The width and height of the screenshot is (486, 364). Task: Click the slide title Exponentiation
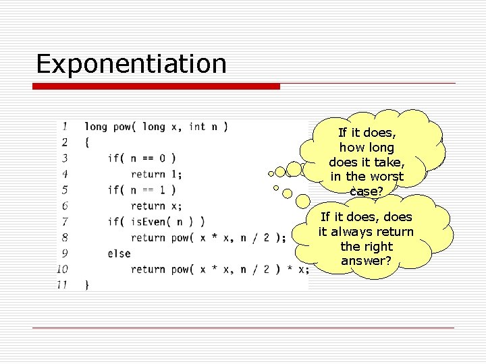pos(131,64)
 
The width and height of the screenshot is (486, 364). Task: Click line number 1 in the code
pos(64,126)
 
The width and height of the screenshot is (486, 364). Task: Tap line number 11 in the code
pos(62,284)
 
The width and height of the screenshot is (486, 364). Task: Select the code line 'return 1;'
pos(156,174)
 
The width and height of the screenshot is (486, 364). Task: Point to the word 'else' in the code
pos(119,253)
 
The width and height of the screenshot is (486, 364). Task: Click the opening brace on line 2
pos(86,142)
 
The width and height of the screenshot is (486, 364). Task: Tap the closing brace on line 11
pos(86,284)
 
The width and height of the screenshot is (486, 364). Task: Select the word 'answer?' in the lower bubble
pos(367,261)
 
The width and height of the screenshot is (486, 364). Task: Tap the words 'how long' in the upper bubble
pos(367,147)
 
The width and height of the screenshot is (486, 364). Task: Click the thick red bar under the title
pos(157,86)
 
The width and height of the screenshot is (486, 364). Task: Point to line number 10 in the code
pos(62,269)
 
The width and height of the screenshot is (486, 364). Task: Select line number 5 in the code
pos(64,190)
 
